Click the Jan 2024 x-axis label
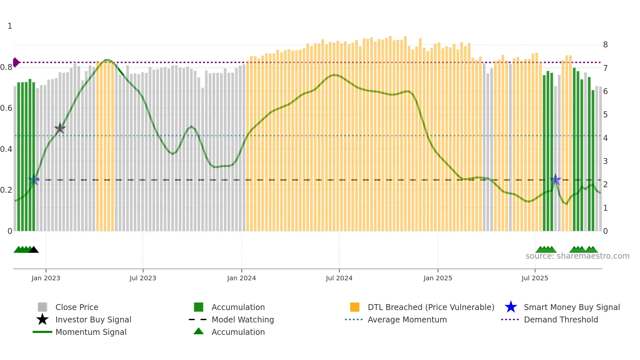pos(241,278)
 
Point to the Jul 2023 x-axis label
pos(143,278)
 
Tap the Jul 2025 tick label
pos(535,278)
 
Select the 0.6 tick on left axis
pos(7,108)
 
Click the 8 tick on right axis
pos(605,45)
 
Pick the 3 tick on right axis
pos(605,161)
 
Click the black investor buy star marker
pos(60,128)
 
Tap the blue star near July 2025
pos(555,180)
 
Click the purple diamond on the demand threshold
pos(16,62)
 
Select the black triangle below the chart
pos(34,250)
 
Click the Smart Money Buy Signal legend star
pos(511,307)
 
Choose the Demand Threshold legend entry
pos(561,319)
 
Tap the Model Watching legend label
pos(243,319)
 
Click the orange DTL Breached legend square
pos(355,307)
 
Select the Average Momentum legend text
pos(407,319)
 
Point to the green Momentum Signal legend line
pos(42,332)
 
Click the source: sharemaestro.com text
pos(577,256)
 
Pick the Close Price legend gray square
pos(42,307)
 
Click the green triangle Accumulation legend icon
pos(199,332)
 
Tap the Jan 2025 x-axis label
pos(438,278)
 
